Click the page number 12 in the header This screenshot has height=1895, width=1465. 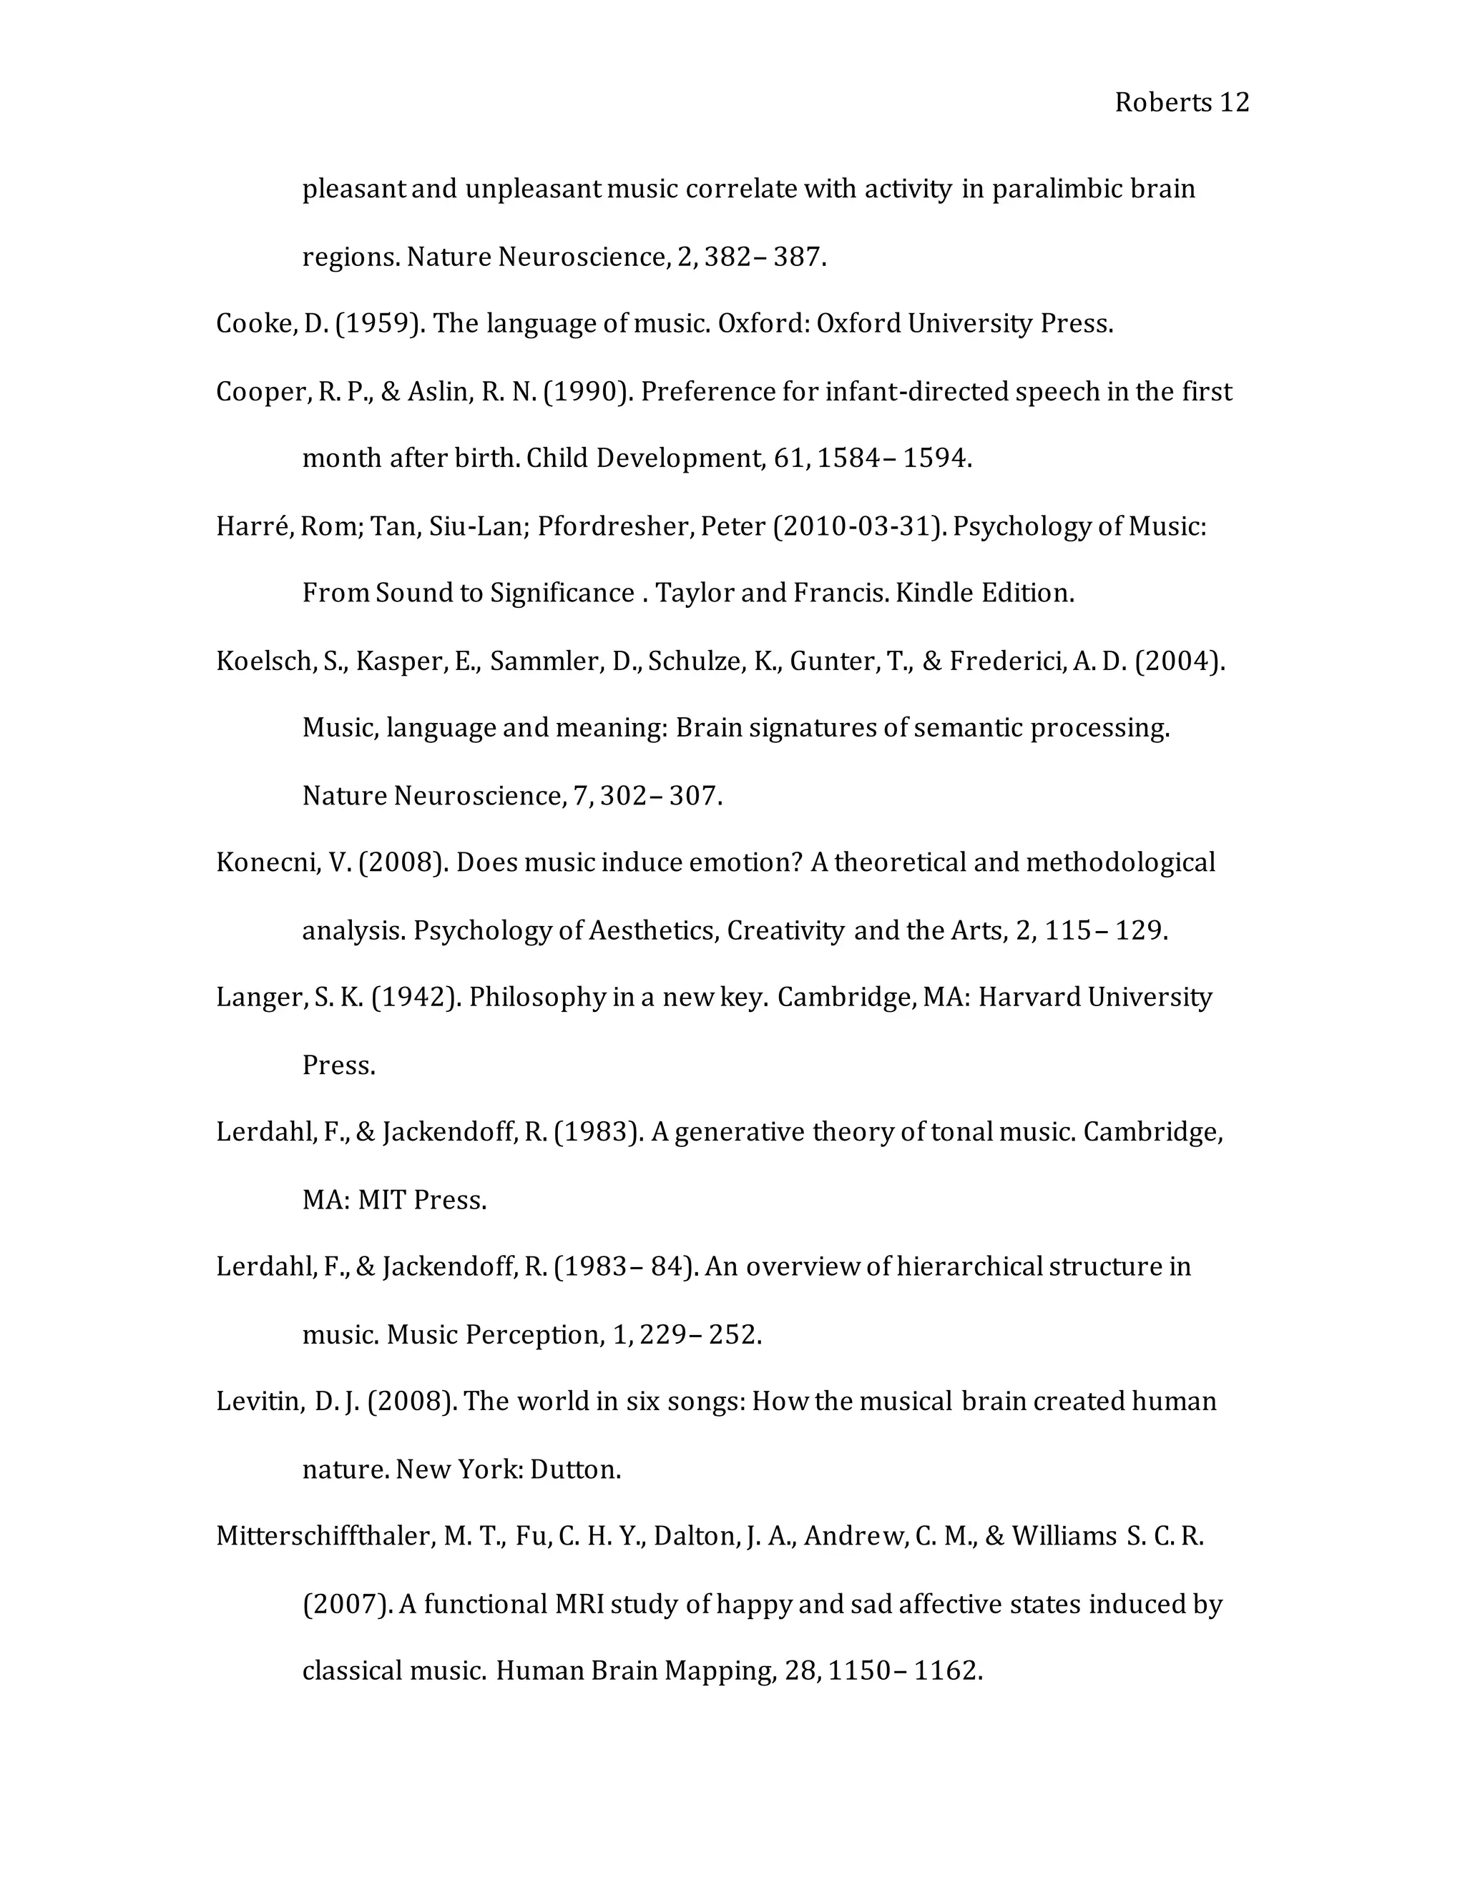[1234, 102]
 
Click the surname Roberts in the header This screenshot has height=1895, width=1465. [1162, 102]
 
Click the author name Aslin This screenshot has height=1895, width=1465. [438, 391]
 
